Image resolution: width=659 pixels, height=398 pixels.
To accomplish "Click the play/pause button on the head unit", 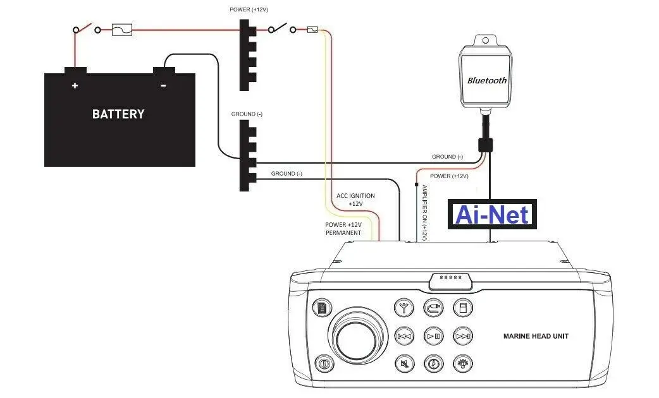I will pyautogui.click(x=433, y=336).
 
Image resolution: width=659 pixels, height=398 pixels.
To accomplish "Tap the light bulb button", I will pyautogui.click(x=463, y=364).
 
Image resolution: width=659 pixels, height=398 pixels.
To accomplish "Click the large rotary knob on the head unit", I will pyautogui.click(x=359, y=335).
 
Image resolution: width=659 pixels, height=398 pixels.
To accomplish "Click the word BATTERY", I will pyautogui.click(x=118, y=114).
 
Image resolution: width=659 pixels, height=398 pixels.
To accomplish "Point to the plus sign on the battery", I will pyautogui.click(x=75, y=85).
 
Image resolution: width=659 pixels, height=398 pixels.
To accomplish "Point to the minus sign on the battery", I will pyautogui.click(x=163, y=85).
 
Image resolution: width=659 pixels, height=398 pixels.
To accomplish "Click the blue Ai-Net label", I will pyautogui.click(x=492, y=215).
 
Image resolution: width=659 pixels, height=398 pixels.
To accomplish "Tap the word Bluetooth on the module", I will pyautogui.click(x=487, y=80).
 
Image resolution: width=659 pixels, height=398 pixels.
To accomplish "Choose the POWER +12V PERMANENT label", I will pyautogui.click(x=343, y=229).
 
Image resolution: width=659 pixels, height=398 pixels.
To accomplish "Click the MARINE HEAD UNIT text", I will pyautogui.click(x=535, y=336).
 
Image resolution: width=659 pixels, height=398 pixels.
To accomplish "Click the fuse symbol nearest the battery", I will pyautogui.click(x=122, y=29).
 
